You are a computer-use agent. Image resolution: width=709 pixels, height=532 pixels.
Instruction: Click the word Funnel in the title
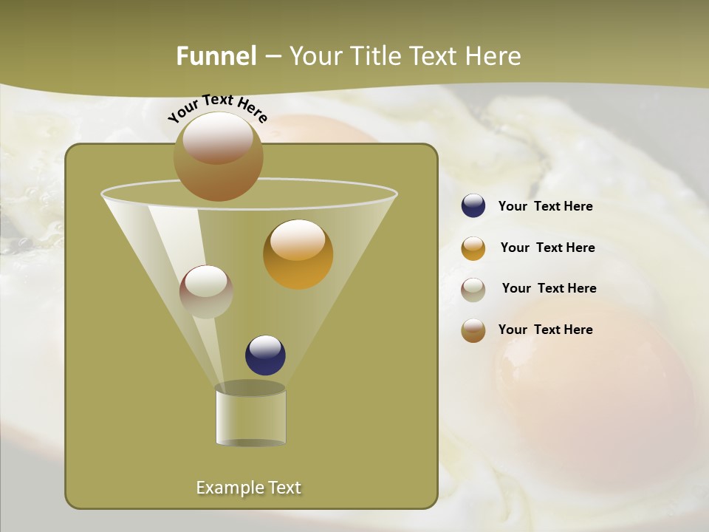pyautogui.click(x=216, y=56)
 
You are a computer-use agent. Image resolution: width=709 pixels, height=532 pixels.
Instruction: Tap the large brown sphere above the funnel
pyautogui.click(x=218, y=156)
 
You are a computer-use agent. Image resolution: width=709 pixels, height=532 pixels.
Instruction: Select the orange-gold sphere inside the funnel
pyautogui.click(x=298, y=253)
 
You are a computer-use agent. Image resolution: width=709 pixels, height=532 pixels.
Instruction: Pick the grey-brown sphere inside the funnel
pyautogui.click(x=206, y=291)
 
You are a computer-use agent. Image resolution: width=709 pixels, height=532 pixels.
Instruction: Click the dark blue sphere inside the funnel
pyautogui.click(x=265, y=355)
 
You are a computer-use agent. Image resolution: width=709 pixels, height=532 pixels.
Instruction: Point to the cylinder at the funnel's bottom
pyautogui.click(x=250, y=416)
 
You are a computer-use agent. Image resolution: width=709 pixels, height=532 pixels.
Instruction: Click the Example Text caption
pyautogui.click(x=248, y=488)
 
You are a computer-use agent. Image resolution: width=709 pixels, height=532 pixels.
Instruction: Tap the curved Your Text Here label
pyautogui.click(x=217, y=108)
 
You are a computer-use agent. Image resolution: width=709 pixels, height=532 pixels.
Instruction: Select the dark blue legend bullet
pyautogui.click(x=473, y=206)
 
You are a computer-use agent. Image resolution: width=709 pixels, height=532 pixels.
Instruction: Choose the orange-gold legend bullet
pyautogui.click(x=473, y=248)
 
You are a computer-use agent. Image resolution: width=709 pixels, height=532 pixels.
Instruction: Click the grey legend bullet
pyautogui.click(x=473, y=290)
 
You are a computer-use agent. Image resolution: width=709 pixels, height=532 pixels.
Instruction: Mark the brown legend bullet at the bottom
pyautogui.click(x=473, y=330)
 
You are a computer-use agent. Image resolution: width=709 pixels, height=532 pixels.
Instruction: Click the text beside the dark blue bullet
pyautogui.click(x=545, y=207)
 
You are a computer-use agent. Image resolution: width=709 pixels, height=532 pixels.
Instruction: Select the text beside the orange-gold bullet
pyautogui.click(x=547, y=248)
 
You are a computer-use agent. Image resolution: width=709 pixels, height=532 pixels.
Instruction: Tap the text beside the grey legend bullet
pyautogui.click(x=549, y=289)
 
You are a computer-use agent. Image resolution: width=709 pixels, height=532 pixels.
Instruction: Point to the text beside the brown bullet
pyautogui.click(x=545, y=330)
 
